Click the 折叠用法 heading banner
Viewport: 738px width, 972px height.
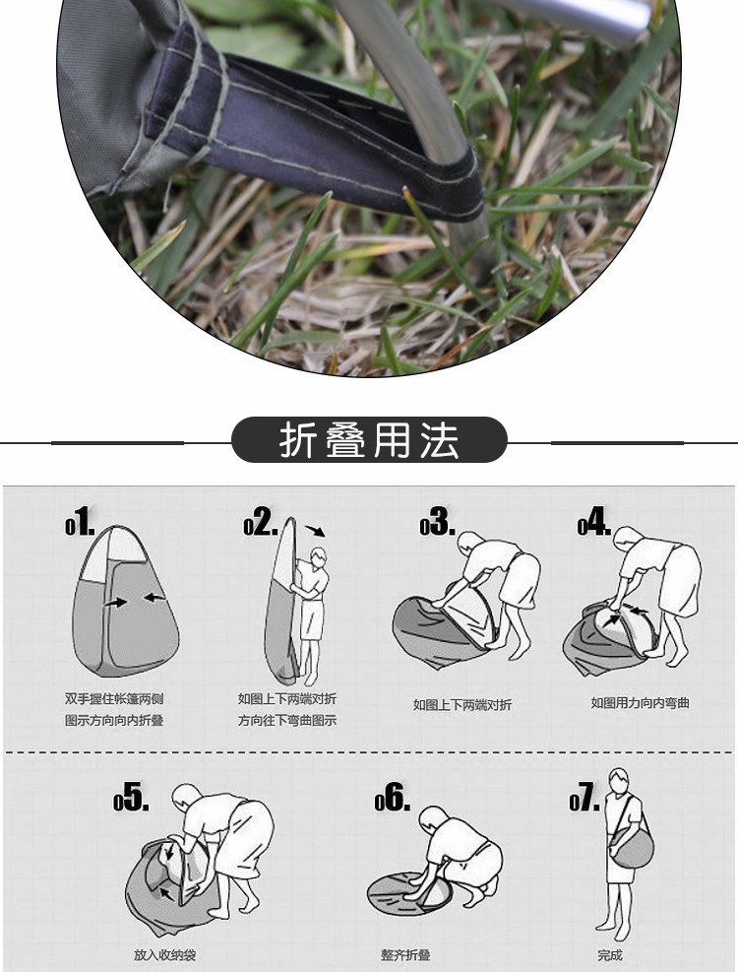(x=369, y=439)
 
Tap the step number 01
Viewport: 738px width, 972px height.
(x=80, y=521)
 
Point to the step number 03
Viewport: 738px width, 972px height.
(x=437, y=521)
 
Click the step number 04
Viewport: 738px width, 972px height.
(x=594, y=521)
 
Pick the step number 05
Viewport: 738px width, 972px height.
(x=131, y=797)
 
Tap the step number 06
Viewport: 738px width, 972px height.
(x=393, y=797)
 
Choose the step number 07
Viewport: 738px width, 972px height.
(x=584, y=797)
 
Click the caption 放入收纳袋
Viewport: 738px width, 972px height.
(x=165, y=955)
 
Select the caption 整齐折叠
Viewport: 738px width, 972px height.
(x=405, y=955)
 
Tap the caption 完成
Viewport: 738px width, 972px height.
(x=610, y=955)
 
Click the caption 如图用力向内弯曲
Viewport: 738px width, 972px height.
(x=641, y=703)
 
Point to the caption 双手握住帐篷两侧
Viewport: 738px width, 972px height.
(x=114, y=698)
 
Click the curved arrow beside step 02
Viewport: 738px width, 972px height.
(x=315, y=531)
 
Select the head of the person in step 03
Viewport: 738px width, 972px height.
(x=469, y=544)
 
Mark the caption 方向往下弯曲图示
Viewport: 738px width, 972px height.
(x=287, y=720)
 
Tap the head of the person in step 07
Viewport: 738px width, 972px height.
(x=618, y=779)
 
